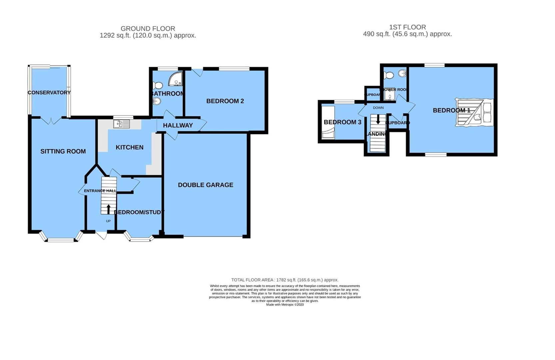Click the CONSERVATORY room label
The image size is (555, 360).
point(49,93)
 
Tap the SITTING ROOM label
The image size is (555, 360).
point(63,151)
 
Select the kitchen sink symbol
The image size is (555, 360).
point(121,124)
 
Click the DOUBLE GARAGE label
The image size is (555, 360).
point(206,185)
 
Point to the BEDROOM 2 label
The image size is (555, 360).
point(225,101)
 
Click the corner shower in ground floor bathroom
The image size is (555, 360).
point(176,79)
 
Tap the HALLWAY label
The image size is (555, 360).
point(178,125)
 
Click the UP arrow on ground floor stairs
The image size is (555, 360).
point(108,209)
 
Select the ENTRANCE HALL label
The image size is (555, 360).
point(100,191)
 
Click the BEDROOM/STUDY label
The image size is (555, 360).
point(139,212)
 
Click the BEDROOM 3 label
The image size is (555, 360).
point(342,122)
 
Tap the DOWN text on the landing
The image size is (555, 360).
point(378,108)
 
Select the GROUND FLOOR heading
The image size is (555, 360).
point(148,29)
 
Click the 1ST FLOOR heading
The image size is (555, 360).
point(407,27)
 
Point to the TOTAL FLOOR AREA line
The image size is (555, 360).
point(285,280)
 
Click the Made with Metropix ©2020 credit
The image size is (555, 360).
point(285,305)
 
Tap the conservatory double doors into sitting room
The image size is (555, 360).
point(51,120)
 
